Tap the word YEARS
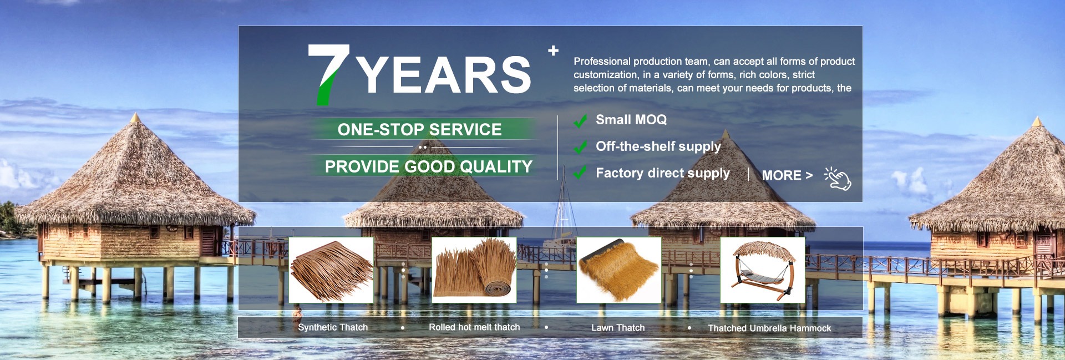point(444,75)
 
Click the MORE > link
point(787,175)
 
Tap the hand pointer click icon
point(838,179)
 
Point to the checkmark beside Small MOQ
point(580,120)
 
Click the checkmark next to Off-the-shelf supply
point(580,147)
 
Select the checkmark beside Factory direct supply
point(580,173)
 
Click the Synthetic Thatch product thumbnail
point(331,270)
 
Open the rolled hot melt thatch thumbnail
point(474,270)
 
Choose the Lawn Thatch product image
point(619,270)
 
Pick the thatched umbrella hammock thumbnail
point(763,270)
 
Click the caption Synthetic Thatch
point(333,327)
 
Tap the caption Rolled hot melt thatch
point(474,327)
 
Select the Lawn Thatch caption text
point(618,328)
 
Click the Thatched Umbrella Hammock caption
point(769,328)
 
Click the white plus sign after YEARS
point(553,51)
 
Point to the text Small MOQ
point(631,120)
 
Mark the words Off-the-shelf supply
point(658,146)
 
